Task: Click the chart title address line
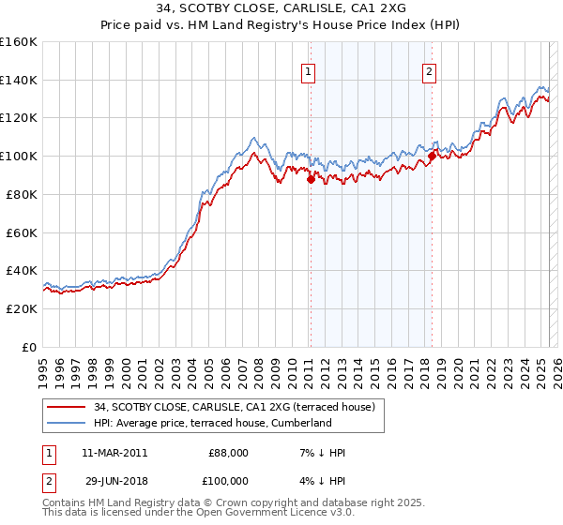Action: tap(281, 9)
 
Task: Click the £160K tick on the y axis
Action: tap(19, 42)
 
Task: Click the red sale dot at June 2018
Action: tap(432, 155)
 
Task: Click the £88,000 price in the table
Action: tap(228, 453)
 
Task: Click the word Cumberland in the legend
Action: tap(302, 423)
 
